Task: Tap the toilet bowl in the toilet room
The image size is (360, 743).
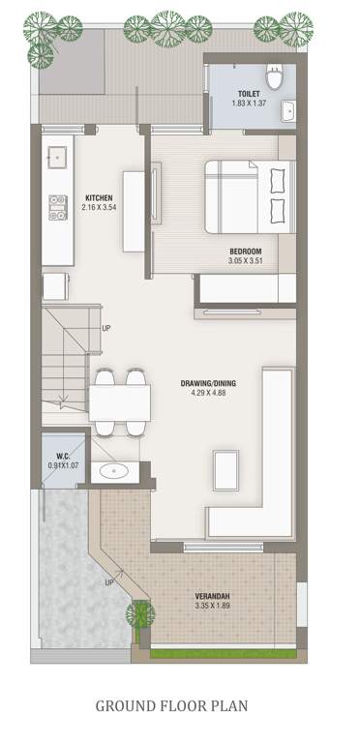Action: [x=275, y=77]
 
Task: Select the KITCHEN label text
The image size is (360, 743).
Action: [x=101, y=197]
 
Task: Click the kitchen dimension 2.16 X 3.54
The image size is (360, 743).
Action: [x=101, y=207]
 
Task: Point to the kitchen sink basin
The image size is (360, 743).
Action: [x=57, y=156]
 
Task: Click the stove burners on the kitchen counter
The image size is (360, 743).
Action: [x=56, y=207]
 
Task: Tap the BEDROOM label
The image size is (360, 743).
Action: [x=246, y=251]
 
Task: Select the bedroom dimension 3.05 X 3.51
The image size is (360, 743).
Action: [x=246, y=260]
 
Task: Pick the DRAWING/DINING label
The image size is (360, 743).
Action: [x=208, y=383]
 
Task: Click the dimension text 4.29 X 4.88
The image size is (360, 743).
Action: [x=208, y=393]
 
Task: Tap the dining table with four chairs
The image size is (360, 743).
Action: [x=121, y=399]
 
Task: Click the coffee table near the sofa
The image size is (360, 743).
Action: [x=228, y=468]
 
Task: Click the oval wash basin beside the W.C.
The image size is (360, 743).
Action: [x=116, y=471]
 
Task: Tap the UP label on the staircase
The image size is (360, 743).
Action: [x=105, y=328]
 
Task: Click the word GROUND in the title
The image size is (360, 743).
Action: [x=126, y=705]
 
